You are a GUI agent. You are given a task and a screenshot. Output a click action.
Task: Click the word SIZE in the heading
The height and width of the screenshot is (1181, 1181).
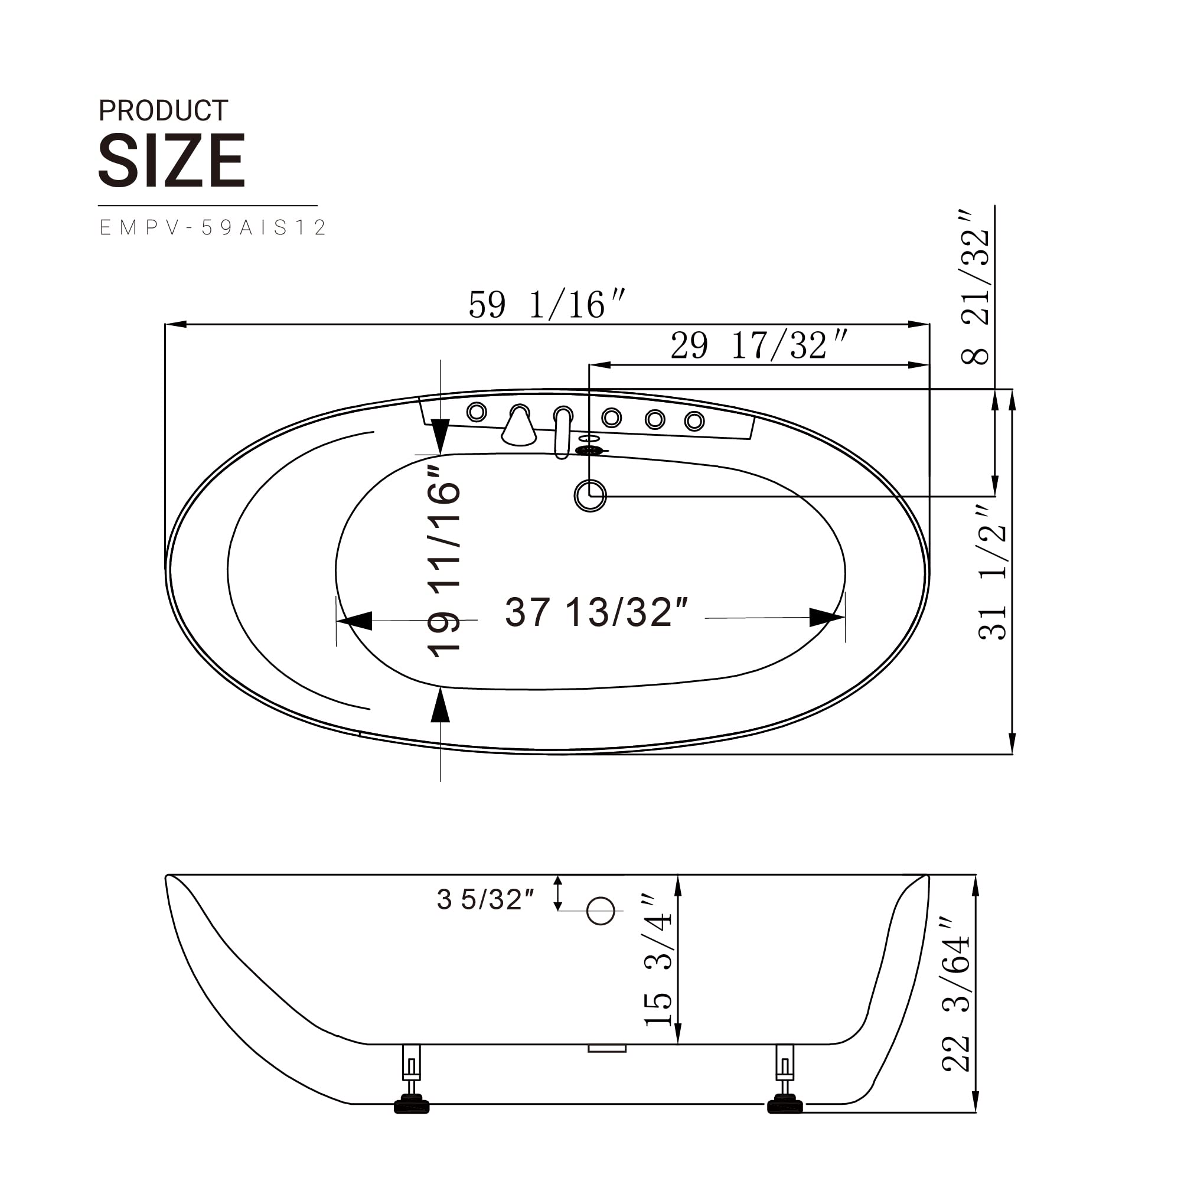pyautogui.click(x=172, y=160)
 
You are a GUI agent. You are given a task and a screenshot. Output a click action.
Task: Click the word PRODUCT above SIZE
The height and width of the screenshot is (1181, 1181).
pyautogui.click(x=163, y=110)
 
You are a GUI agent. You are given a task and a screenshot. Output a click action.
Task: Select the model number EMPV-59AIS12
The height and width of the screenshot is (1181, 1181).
pyautogui.click(x=213, y=227)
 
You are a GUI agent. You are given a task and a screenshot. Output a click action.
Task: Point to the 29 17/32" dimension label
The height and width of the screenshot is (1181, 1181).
pyautogui.click(x=759, y=345)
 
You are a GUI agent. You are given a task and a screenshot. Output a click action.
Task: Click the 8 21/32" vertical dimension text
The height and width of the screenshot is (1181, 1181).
pyautogui.click(x=976, y=289)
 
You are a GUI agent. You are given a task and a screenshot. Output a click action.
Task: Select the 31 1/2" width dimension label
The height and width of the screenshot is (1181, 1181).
pyautogui.click(x=993, y=573)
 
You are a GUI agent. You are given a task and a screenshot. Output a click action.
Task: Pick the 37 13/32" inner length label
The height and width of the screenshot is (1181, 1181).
pyautogui.click(x=596, y=612)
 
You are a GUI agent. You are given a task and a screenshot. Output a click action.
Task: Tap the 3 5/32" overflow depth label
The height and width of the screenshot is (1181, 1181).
pyautogui.click(x=485, y=899)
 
